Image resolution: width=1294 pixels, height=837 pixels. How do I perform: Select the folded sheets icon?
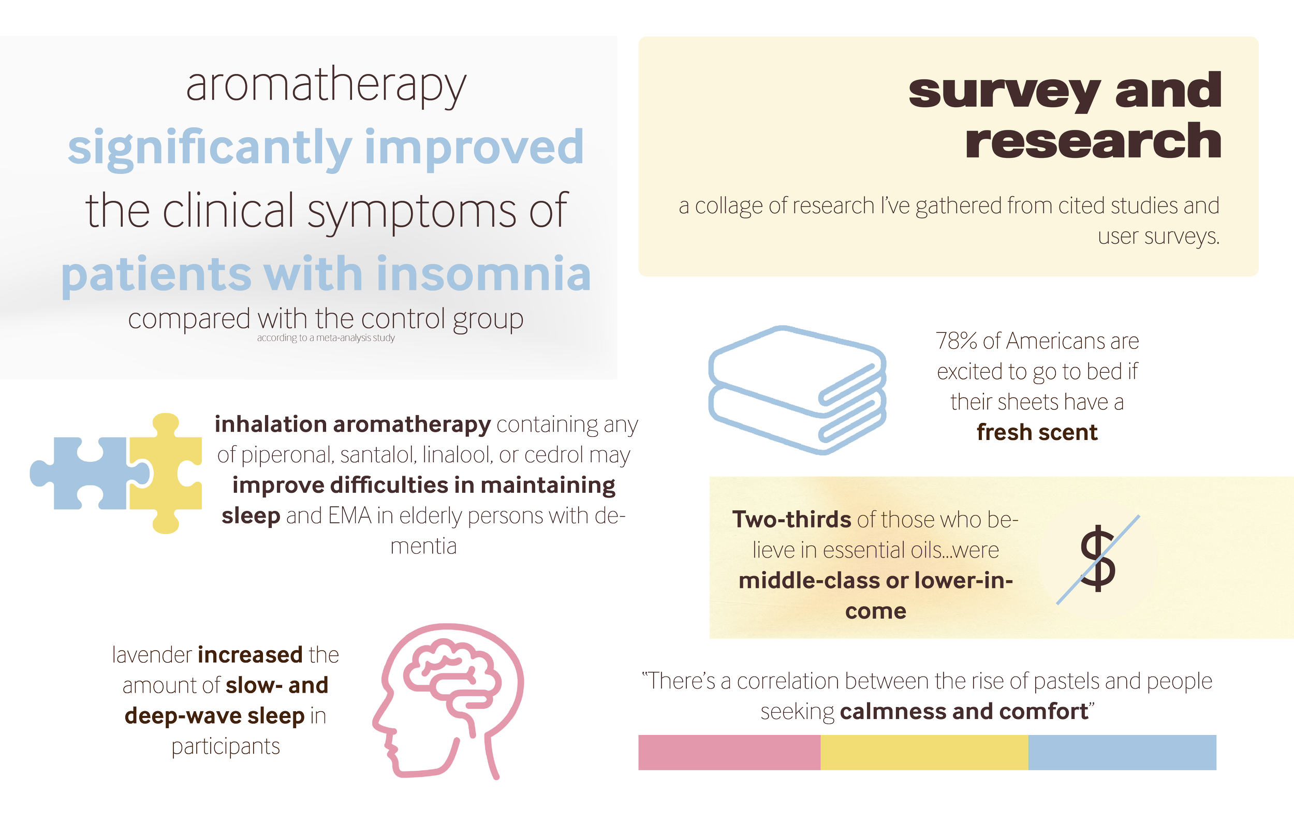click(x=797, y=390)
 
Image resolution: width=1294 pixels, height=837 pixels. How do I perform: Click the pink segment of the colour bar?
click(x=729, y=752)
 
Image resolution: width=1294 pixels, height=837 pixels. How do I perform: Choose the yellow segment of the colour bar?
click(x=924, y=752)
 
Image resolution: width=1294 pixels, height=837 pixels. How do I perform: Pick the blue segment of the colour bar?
click(x=1122, y=752)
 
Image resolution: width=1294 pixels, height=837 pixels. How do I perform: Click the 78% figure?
click(x=957, y=341)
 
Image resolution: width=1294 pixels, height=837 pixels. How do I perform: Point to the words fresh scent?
click(x=1037, y=433)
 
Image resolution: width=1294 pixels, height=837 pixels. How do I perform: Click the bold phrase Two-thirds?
click(x=791, y=520)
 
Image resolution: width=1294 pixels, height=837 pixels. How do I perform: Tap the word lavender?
click(x=152, y=655)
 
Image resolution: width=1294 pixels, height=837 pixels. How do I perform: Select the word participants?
click(x=226, y=747)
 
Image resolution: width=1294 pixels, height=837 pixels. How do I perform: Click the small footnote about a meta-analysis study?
click(x=326, y=338)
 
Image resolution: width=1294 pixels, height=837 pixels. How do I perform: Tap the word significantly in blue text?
click(x=209, y=148)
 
